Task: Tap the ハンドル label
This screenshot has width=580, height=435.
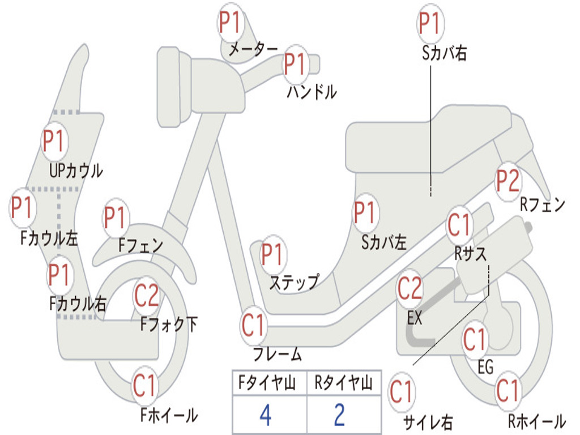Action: pyautogui.click(x=312, y=91)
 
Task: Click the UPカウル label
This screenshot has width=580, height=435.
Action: pyautogui.click(x=76, y=170)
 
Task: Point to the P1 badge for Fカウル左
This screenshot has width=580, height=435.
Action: pyautogui.click(x=23, y=208)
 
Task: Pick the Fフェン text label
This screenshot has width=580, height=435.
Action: pyautogui.click(x=140, y=245)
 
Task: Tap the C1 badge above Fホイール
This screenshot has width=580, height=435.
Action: pyautogui.click(x=144, y=387)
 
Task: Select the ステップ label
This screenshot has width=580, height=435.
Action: pyautogui.click(x=293, y=282)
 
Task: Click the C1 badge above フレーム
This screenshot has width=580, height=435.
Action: pyautogui.click(x=253, y=326)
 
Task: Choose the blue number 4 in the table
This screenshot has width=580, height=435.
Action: pyautogui.click(x=265, y=415)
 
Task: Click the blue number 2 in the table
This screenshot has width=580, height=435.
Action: pyautogui.click(x=339, y=415)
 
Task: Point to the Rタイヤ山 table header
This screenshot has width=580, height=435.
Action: pyautogui.click(x=343, y=384)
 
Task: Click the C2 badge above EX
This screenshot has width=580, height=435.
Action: pyautogui.click(x=410, y=289)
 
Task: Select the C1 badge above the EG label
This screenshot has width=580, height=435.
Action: pyautogui.click(x=475, y=340)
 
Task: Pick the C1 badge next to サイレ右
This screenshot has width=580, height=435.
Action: pyautogui.click(x=401, y=392)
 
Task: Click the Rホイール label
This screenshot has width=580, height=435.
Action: pyautogui.click(x=536, y=421)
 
